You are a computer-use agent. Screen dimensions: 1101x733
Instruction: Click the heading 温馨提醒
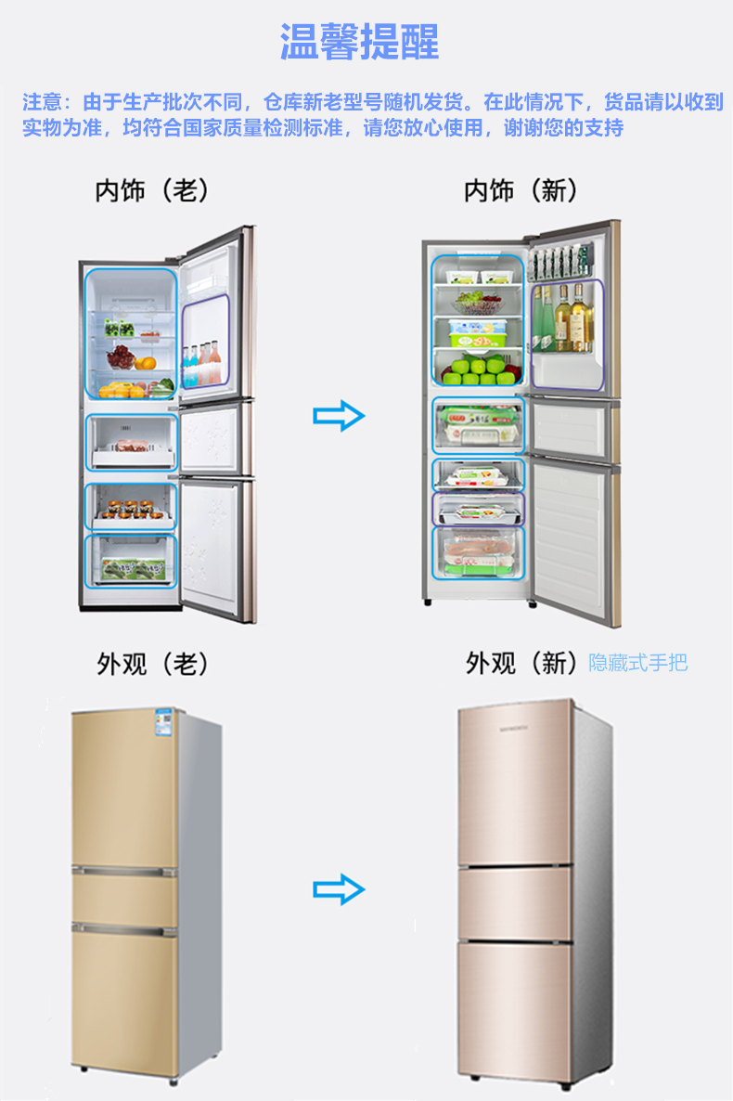(x=360, y=43)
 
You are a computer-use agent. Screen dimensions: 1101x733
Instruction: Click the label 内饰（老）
(x=152, y=191)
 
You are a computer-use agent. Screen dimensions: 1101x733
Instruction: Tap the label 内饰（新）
(x=521, y=191)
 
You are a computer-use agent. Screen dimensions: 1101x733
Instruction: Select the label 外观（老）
(x=153, y=664)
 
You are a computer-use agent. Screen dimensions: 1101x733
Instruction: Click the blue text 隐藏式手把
(x=638, y=663)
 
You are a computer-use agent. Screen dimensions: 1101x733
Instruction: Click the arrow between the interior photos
(x=339, y=415)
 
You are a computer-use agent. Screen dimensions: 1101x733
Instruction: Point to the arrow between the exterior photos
(x=339, y=889)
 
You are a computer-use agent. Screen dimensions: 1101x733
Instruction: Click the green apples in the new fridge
(x=478, y=370)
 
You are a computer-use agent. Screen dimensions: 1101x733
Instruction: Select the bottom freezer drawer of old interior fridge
(x=130, y=561)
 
